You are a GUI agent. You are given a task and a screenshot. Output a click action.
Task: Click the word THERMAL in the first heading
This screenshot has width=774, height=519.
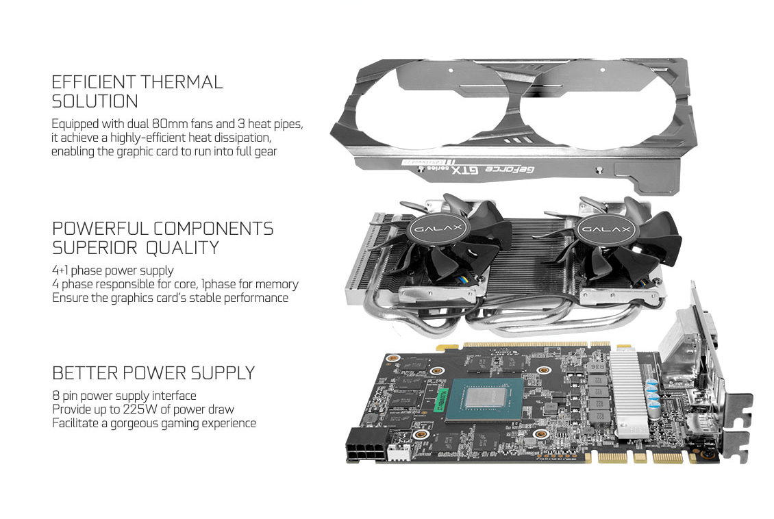click(182, 82)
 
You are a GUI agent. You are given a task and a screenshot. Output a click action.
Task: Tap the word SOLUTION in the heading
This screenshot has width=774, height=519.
click(95, 101)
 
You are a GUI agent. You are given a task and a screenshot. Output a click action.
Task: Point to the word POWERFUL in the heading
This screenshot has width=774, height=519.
click(100, 229)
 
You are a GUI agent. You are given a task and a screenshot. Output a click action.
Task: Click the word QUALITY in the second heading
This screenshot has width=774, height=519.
click(182, 248)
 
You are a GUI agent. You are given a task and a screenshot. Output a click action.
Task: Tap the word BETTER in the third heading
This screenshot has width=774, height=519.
click(85, 373)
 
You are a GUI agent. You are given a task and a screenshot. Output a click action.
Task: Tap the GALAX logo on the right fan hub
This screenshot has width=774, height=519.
click(606, 229)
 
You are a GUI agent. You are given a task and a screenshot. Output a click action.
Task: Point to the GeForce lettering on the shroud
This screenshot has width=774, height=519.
click(510, 170)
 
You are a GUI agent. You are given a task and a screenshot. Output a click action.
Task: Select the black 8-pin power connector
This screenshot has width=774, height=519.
click(366, 445)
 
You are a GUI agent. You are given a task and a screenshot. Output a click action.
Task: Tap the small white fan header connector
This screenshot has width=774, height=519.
click(399, 453)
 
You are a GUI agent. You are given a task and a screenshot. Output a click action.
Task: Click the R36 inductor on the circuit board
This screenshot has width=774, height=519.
click(597, 368)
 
